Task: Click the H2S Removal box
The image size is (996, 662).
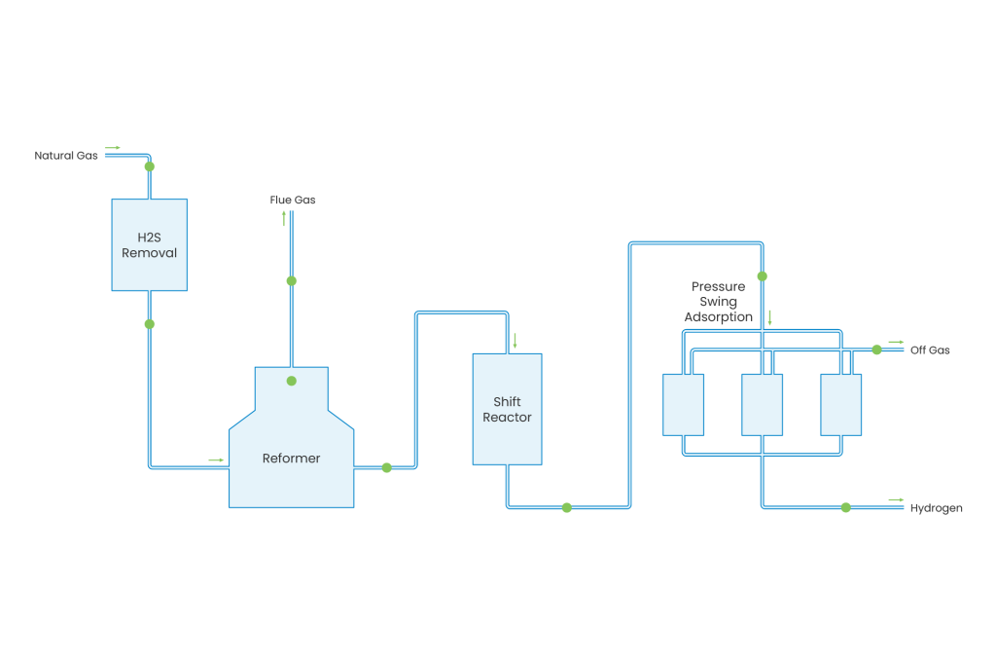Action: click(x=149, y=243)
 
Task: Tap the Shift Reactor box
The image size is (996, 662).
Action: click(x=507, y=409)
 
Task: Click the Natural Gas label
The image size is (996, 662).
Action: click(x=65, y=156)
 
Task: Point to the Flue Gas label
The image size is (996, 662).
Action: click(x=292, y=200)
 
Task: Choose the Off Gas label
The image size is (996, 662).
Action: click(x=930, y=349)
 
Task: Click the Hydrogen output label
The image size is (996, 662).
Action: click(x=936, y=508)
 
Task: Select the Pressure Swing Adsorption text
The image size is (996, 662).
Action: click(x=719, y=302)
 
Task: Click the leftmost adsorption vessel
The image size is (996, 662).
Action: click(x=683, y=404)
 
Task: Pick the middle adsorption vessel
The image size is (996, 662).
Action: click(x=762, y=404)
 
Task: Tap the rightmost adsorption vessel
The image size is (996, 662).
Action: click(x=840, y=404)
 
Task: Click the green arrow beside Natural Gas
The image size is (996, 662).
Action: click(x=112, y=148)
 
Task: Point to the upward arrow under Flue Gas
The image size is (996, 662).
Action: click(x=285, y=219)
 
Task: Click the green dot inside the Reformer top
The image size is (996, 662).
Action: click(x=291, y=381)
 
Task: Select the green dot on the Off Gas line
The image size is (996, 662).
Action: click(x=876, y=348)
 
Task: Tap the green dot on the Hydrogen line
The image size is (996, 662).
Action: click(x=845, y=507)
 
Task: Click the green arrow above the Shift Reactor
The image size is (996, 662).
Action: click(x=515, y=341)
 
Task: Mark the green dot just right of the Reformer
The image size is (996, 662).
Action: click(x=386, y=467)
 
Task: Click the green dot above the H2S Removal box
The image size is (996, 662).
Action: click(x=149, y=166)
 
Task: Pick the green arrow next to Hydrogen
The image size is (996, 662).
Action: click(x=896, y=500)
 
